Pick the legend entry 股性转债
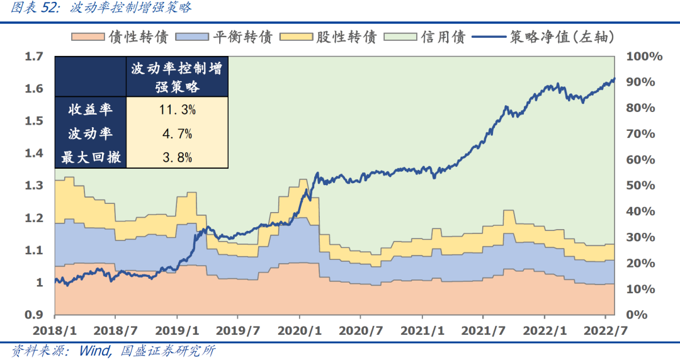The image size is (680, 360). [x=349, y=37]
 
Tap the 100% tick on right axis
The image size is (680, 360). [x=644, y=57]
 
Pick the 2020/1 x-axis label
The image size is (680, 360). [x=299, y=330]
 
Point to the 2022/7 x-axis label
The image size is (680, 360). [x=604, y=330]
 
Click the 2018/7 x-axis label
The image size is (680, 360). [x=116, y=330]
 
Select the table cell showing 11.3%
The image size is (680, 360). [x=176, y=110]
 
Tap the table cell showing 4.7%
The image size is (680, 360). [x=176, y=133]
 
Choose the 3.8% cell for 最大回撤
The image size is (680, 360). [x=176, y=157]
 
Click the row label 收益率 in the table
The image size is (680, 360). [x=90, y=110]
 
